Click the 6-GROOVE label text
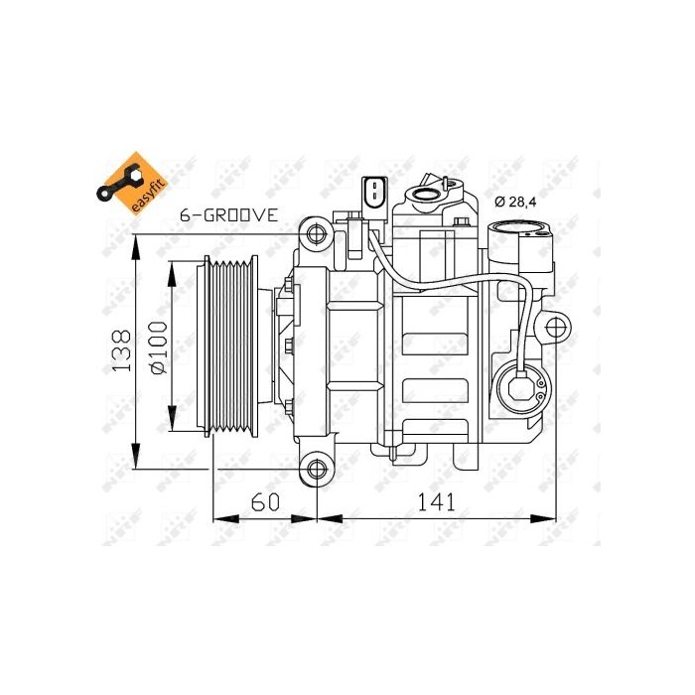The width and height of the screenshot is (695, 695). [229, 214]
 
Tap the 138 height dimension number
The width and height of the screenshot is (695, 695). [120, 351]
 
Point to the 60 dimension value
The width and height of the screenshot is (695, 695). [263, 501]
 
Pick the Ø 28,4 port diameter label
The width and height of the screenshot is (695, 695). [515, 203]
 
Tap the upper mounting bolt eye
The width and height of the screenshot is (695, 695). [318, 234]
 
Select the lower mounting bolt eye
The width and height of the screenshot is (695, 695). [318, 469]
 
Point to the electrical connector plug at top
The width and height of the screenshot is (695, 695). [375, 193]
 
